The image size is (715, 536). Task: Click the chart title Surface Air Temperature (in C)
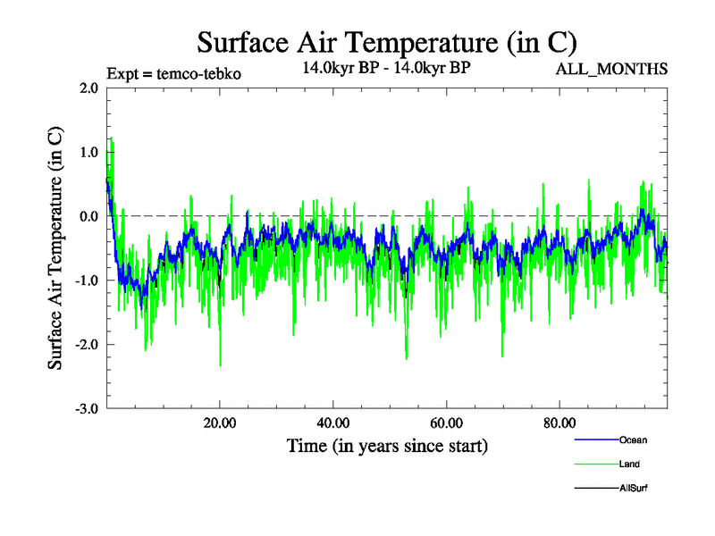click(387, 42)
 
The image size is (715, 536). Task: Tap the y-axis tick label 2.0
click(88, 88)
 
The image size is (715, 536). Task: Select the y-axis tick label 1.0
click(88, 153)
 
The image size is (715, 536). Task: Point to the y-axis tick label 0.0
click(88, 216)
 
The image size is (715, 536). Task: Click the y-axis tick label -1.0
click(86, 281)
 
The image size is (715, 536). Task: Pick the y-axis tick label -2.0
click(86, 345)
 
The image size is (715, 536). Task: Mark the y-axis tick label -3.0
click(86, 409)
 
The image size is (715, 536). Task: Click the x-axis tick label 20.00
click(220, 423)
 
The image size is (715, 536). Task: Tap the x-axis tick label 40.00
click(332, 423)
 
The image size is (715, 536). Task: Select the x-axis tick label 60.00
click(446, 423)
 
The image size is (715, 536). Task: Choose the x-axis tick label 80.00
click(559, 423)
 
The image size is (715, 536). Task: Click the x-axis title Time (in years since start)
click(387, 445)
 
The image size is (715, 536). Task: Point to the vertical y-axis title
click(55, 248)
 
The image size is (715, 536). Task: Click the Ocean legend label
click(633, 440)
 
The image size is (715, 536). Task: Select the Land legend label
click(629, 464)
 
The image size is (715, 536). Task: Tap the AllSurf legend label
click(634, 488)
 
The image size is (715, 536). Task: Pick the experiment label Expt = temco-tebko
click(173, 73)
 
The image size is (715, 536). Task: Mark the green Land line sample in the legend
click(595, 464)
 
